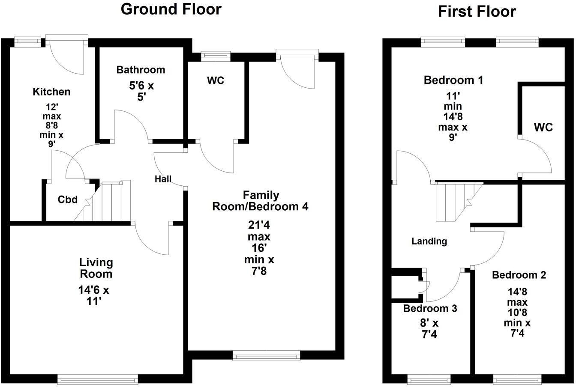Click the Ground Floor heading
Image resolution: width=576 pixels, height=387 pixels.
point(171,9)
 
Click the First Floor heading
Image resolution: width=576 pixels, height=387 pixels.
point(477,12)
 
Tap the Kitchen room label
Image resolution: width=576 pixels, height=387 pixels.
point(51,92)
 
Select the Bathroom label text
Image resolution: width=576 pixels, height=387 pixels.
point(141,70)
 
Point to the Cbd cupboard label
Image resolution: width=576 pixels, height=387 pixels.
point(68,199)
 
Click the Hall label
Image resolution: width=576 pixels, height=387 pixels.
point(163,179)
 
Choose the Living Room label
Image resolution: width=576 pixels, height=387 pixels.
point(96,268)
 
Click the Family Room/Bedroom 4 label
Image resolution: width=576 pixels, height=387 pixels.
point(260,201)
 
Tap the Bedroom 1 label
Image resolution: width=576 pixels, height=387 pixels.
point(453,80)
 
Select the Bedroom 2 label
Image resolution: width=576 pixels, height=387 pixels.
point(519,275)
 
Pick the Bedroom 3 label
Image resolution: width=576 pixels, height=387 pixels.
point(430,308)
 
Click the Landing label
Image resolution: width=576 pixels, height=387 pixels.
point(429,241)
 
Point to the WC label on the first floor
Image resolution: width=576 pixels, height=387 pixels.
point(543,127)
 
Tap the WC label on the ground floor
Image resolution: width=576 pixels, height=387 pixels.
point(215,80)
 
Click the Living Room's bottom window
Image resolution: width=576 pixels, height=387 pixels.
point(98,379)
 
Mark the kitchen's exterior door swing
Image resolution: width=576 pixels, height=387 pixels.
point(68,58)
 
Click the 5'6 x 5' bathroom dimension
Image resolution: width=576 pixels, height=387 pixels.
point(141,91)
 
